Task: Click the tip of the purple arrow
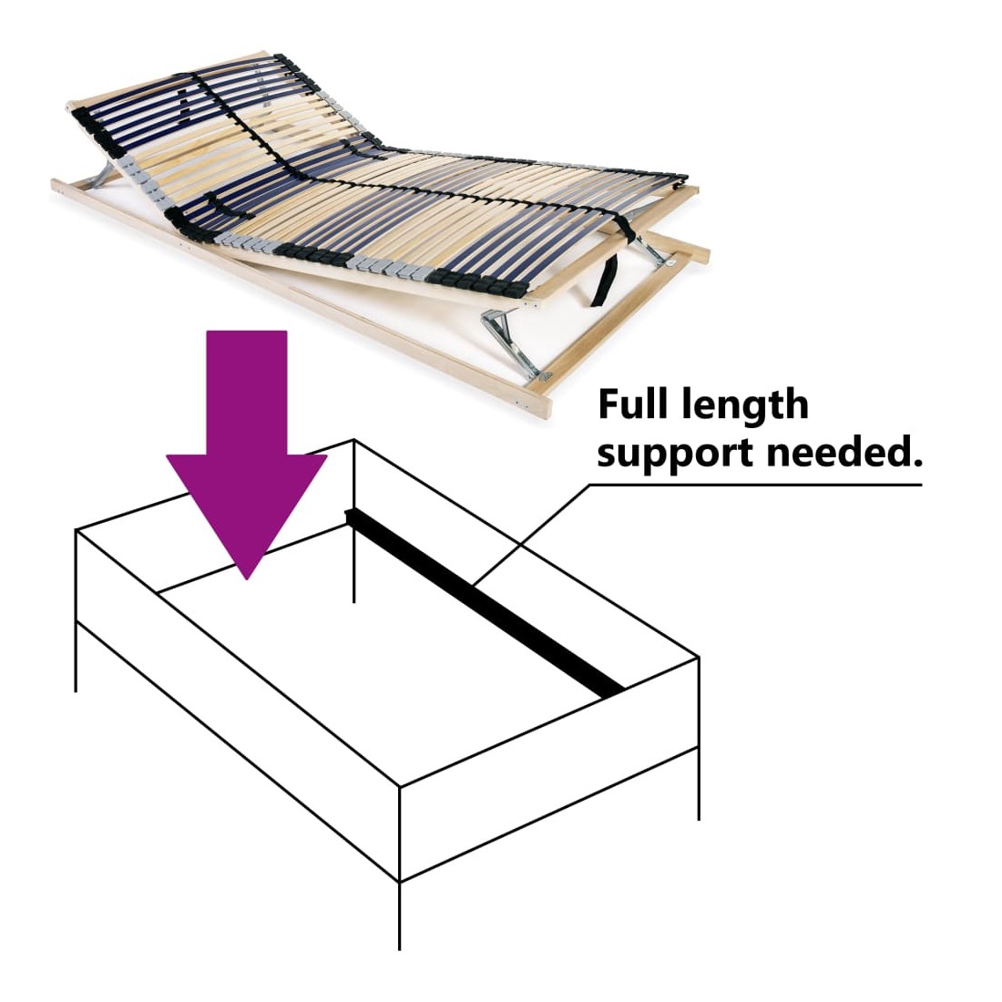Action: pos(247,579)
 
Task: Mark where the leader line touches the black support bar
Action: pos(475,584)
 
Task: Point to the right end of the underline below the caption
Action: pos(922,485)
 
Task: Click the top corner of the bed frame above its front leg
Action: pos(400,787)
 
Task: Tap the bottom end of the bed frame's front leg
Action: pos(400,949)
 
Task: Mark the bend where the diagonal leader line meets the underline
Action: pos(590,485)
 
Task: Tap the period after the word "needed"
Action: pos(917,462)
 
